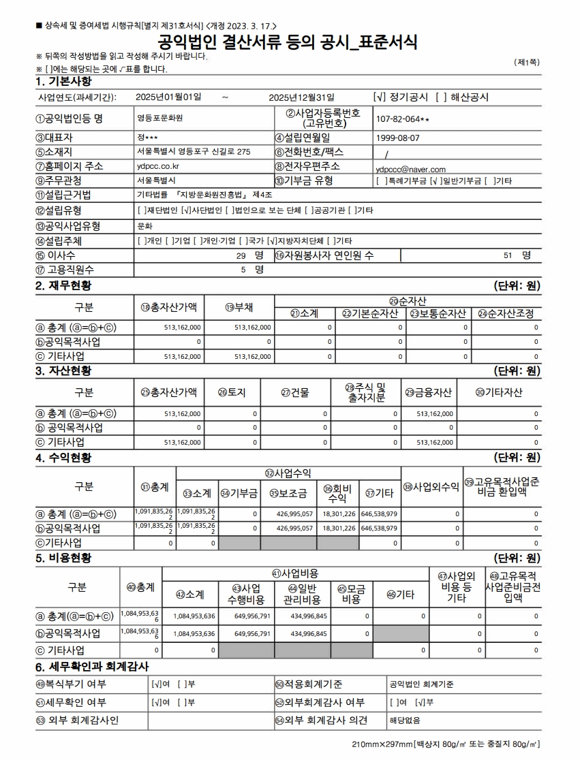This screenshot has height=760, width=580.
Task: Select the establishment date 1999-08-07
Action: pyautogui.click(x=398, y=137)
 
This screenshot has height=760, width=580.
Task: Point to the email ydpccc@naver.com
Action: pyautogui.click(x=410, y=170)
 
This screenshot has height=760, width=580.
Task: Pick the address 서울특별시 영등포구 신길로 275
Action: pyautogui.click(x=194, y=151)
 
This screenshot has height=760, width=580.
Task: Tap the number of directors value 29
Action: pyautogui.click(x=240, y=255)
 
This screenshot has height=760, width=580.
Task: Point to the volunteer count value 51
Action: pyautogui.click(x=508, y=255)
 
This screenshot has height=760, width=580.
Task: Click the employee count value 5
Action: pyautogui.click(x=243, y=270)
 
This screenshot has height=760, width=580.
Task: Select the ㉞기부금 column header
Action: pyautogui.click(x=244, y=493)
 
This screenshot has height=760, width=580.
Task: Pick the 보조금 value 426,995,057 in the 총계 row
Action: pyautogui.click(x=294, y=513)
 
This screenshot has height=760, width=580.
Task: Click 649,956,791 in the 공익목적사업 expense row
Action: pyautogui.click(x=252, y=633)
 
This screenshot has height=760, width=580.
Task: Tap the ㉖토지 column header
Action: pyautogui.click(x=232, y=392)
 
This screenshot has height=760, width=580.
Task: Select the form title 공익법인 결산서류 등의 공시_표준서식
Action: pyautogui.click(x=288, y=42)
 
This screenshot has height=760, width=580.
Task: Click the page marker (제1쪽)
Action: pyautogui.click(x=527, y=62)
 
